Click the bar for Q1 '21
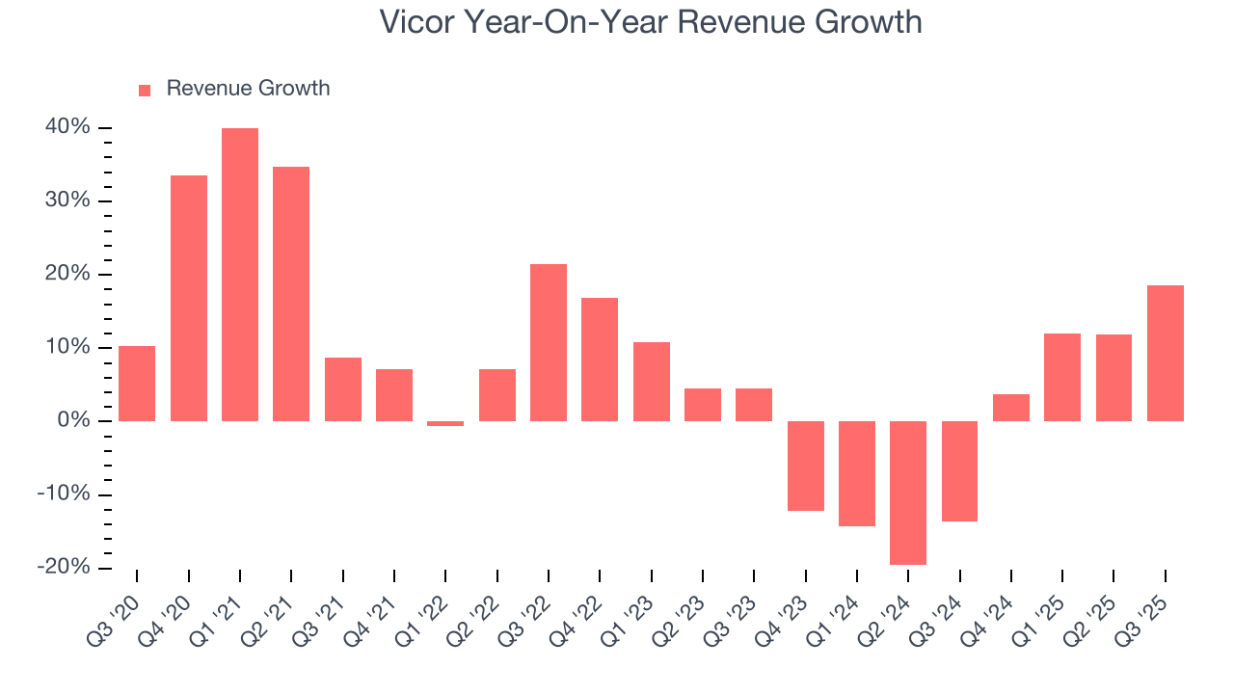coord(240,275)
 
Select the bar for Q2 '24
coord(908,493)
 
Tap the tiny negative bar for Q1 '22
coord(445,423)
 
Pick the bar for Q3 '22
coord(549,342)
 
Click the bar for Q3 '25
coord(1166,353)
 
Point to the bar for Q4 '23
coord(805,466)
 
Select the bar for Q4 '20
coord(189,298)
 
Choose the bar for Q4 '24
coord(1011,408)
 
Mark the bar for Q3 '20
coord(137,384)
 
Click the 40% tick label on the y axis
coord(67,128)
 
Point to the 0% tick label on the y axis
coord(73,421)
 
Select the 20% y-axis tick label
coord(67,275)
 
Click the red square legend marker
coord(145,90)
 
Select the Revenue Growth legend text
coord(248,89)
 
